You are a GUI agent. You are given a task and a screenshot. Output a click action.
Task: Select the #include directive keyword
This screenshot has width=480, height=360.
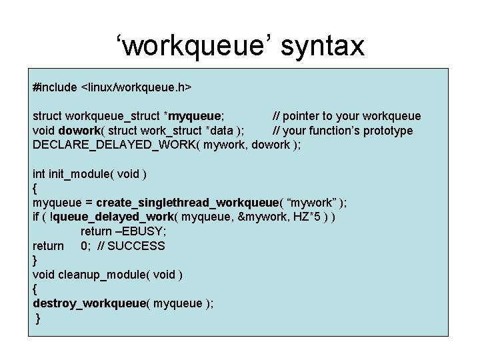coord(55,87)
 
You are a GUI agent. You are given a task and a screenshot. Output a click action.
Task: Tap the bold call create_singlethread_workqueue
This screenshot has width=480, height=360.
coord(186,203)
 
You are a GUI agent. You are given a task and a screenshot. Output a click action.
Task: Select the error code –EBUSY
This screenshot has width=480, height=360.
coord(140,231)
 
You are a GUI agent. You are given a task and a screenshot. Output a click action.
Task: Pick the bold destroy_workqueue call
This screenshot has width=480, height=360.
coord(89,303)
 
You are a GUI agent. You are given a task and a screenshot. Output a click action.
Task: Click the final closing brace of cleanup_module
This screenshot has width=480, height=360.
coord(38,318)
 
